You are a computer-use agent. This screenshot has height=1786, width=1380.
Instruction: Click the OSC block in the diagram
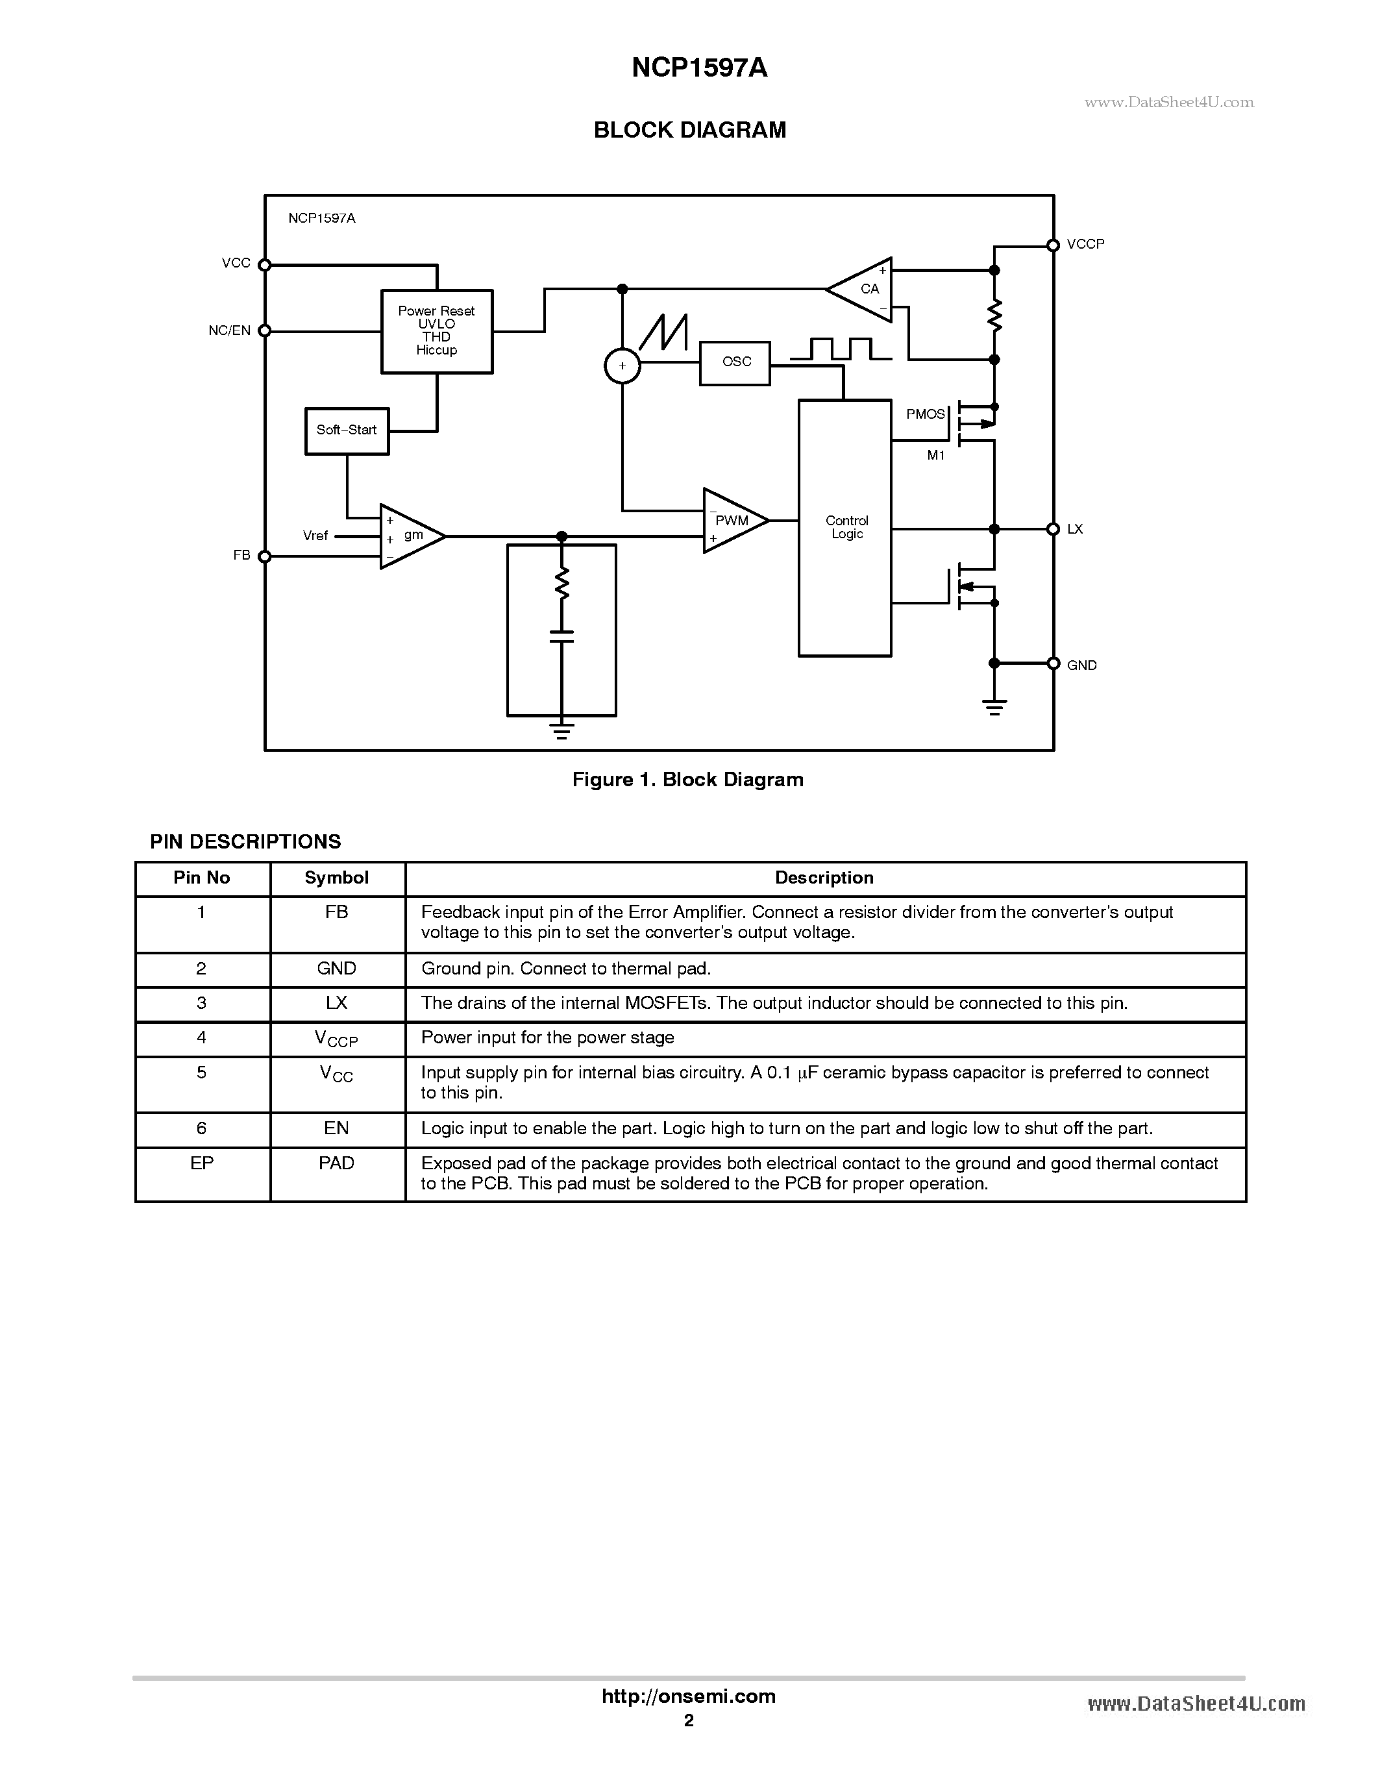point(735,363)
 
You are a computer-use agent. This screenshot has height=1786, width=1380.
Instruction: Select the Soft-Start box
point(347,431)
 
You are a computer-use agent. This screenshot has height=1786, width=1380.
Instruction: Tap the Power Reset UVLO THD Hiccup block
point(437,331)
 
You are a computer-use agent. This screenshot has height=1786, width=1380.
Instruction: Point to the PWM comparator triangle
point(733,521)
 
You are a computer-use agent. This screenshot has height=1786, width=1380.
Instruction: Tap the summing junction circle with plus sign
point(622,366)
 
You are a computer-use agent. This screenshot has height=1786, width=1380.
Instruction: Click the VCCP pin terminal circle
point(1053,245)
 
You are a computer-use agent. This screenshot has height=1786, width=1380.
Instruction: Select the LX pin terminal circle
point(1053,529)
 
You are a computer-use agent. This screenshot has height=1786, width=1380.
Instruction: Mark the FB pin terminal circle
point(264,557)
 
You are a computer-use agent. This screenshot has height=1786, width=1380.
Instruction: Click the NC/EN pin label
point(229,330)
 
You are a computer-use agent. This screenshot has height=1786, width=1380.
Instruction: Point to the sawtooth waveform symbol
point(664,333)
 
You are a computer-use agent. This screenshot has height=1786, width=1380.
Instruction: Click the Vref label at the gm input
point(315,536)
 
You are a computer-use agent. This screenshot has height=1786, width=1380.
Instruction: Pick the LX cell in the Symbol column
point(337,1004)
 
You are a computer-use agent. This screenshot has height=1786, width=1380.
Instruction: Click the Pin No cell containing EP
point(202,1163)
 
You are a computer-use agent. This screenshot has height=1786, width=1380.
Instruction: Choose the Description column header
point(824,878)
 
